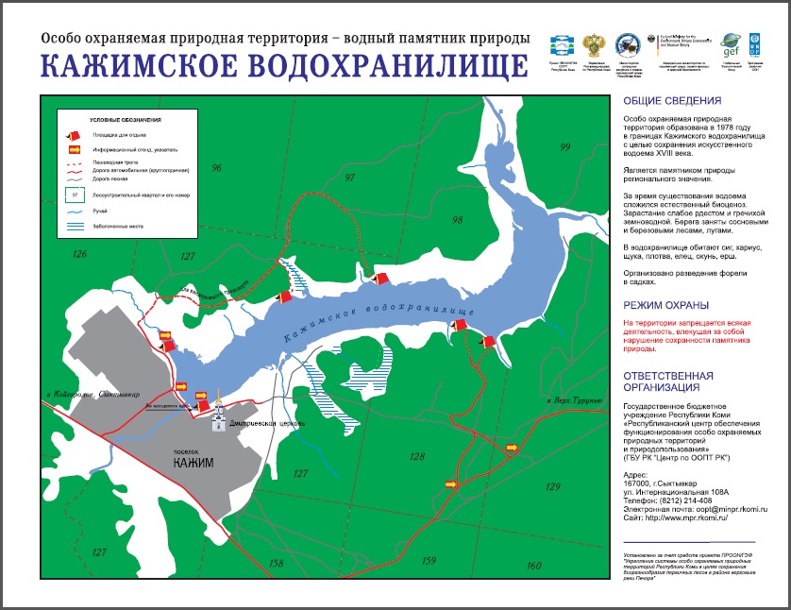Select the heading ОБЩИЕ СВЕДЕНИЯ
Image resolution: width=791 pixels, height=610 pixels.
pos(672,101)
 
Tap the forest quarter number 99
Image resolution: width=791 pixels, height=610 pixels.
pos(564,147)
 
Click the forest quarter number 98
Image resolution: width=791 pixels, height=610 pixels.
pos(458,220)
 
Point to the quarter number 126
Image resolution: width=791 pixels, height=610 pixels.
pos(79,254)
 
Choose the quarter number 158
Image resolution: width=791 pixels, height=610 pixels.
pos(276,563)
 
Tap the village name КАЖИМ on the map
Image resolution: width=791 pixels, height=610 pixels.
pos(195,463)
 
